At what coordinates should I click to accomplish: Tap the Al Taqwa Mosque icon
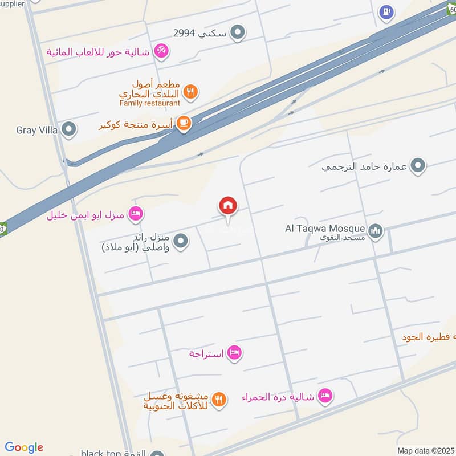point(375,231)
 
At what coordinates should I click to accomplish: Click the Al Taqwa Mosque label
point(325,229)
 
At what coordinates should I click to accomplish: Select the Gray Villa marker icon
point(68,130)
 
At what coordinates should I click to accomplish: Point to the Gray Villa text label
point(37,130)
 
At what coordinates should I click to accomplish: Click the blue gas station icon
point(386,12)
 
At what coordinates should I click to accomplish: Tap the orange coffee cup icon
point(183,123)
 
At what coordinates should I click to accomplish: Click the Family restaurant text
point(150,103)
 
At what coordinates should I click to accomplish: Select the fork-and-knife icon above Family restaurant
point(191,91)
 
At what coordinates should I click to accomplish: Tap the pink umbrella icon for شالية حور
point(162,51)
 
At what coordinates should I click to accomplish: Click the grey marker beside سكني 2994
point(239,33)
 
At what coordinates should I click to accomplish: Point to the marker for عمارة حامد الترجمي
point(418,166)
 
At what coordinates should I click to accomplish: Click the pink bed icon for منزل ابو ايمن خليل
point(136,214)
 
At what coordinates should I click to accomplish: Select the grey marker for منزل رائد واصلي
point(181,242)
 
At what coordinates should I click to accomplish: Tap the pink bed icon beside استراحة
point(234,353)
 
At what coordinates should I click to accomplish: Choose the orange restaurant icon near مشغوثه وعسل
point(220,400)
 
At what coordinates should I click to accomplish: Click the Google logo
point(24,447)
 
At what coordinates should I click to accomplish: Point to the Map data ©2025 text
point(425,450)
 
